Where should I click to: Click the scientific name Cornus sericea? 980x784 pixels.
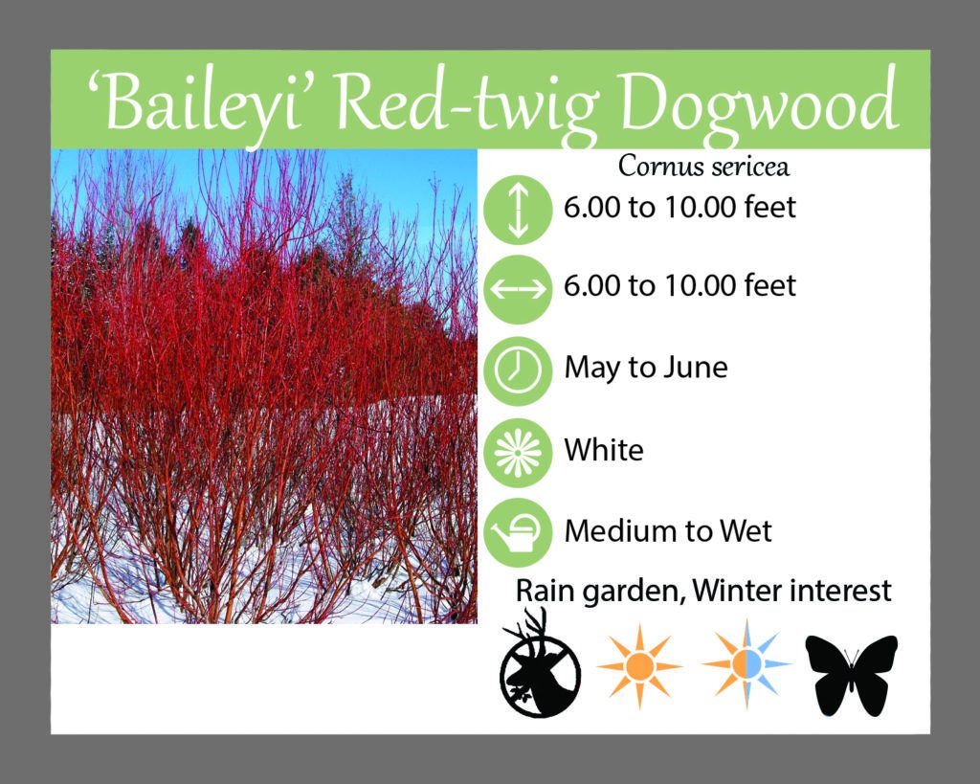tap(703, 167)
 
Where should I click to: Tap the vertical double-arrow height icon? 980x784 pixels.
tap(518, 210)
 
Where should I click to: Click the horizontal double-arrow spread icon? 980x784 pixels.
tap(518, 289)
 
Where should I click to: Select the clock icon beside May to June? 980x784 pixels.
tap(518, 370)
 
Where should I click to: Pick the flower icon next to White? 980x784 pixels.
tap(518, 453)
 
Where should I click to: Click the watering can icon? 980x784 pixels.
tap(518, 532)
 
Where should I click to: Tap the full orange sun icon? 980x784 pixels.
tap(638, 666)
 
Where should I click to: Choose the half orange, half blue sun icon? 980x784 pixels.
tap(746, 664)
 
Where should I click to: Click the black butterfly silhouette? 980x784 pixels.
tap(851, 675)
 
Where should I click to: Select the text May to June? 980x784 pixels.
tap(646, 368)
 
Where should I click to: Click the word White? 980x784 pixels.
tap(604, 450)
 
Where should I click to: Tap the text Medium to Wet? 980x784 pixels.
tap(667, 530)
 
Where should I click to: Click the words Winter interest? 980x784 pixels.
tap(791, 591)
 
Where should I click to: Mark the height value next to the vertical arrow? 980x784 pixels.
tap(679, 208)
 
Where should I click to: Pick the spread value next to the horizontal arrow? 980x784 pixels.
tap(679, 285)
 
